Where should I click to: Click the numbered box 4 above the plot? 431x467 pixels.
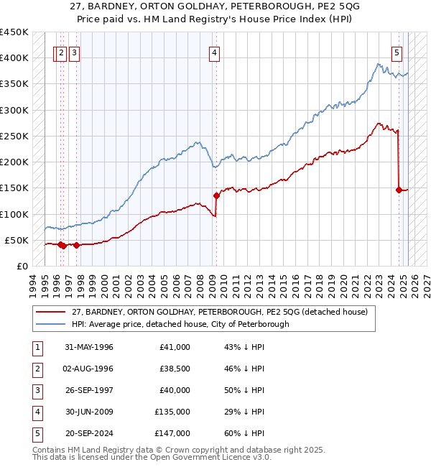tap(215, 52)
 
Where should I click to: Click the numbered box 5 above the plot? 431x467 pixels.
tap(397, 52)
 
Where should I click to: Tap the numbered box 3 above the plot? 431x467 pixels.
tap(75, 52)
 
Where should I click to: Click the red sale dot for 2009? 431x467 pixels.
tap(215, 195)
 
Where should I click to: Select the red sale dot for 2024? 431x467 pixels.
tap(398, 190)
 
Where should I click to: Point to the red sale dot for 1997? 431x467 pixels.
tap(76, 245)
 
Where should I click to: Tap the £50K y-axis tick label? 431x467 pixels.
tap(17, 240)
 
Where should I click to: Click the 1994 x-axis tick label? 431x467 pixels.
tap(32, 283)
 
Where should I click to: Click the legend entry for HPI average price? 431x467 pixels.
tap(180, 324)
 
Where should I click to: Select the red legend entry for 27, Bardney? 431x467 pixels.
tap(220, 312)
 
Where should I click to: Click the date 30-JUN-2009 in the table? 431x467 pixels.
tap(89, 412)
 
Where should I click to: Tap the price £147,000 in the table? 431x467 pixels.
tap(172, 433)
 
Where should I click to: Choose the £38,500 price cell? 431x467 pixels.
tap(175, 369)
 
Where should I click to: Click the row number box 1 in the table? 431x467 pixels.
tap(35, 347)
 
